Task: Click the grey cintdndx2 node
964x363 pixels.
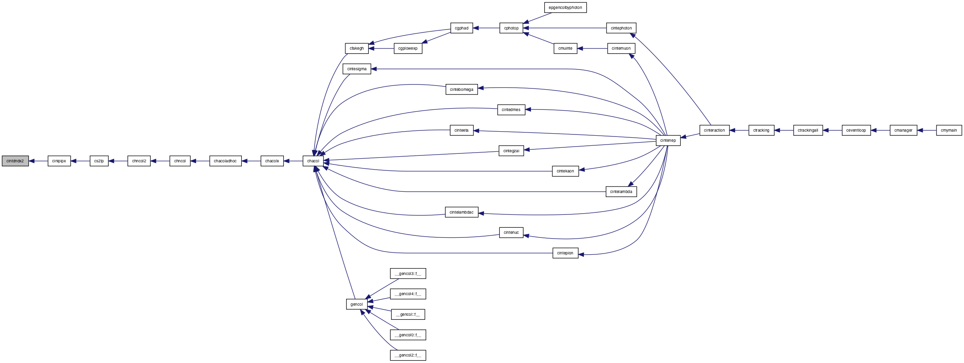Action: coord(15,161)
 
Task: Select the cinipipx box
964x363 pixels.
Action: coord(59,161)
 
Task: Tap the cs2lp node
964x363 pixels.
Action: coord(99,161)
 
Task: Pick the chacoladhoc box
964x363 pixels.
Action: coord(225,161)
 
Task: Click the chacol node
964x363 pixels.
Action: coord(313,161)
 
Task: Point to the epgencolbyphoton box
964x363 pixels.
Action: coord(565,8)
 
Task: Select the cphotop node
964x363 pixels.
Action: coord(511,28)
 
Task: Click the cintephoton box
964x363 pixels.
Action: coord(621,28)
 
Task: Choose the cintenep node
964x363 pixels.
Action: coord(668,141)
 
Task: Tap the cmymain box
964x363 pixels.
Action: coord(949,130)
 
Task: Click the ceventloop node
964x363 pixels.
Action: coord(856,130)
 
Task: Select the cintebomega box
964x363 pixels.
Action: coord(461,90)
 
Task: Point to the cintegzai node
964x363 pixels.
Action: coord(511,151)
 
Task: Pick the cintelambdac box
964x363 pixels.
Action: coord(461,212)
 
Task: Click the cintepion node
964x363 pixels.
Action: coord(565,253)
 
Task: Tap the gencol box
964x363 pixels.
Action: coord(357,304)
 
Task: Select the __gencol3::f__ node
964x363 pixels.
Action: coord(408,274)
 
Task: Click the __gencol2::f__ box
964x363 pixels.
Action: coord(408,355)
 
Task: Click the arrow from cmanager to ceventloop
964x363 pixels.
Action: coord(880,130)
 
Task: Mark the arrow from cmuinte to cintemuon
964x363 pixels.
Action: coord(592,48)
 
